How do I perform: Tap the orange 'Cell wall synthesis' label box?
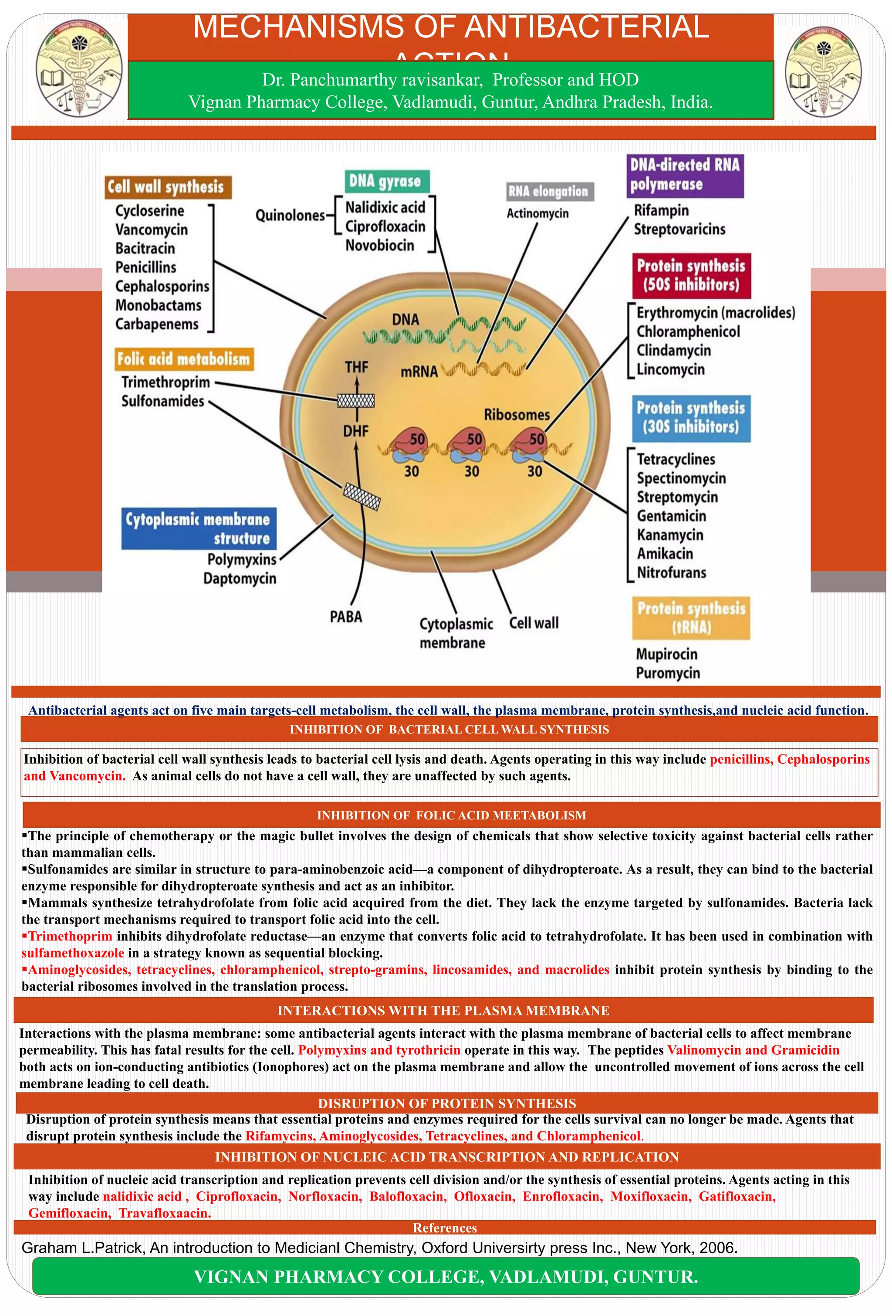tap(168, 187)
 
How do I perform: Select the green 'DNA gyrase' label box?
tap(386, 181)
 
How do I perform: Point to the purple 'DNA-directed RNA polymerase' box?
tap(685, 175)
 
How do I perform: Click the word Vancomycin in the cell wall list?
tap(151, 229)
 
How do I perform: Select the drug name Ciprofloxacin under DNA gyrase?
tap(385, 227)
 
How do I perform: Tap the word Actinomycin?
tap(537, 213)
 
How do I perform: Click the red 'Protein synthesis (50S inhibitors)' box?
tap(691, 275)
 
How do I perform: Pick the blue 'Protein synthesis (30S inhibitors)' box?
tap(691, 418)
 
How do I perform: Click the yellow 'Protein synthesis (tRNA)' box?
tap(691, 617)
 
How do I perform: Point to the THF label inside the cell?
tap(356, 368)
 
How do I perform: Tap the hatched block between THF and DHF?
tap(356, 401)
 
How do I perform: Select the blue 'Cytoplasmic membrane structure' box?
tap(199, 528)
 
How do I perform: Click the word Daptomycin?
tap(240, 578)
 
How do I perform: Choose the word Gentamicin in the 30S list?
tap(671, 516)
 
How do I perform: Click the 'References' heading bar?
tap(445, 1228)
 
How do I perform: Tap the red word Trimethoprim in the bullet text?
tap(70, 936)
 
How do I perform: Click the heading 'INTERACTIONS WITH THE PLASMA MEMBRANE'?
tap(443, 1010)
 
